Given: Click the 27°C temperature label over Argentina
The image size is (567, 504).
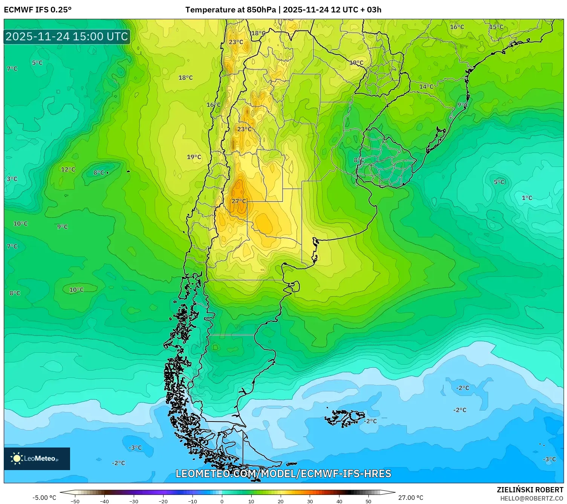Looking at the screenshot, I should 239,201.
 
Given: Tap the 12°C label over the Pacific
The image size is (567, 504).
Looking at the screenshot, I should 68,170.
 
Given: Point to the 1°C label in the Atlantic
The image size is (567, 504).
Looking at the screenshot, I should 527,198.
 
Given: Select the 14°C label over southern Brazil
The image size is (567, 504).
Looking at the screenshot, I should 426,87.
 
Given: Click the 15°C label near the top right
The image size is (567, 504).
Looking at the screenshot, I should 496,27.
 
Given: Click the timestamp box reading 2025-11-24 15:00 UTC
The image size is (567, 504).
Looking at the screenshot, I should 67,37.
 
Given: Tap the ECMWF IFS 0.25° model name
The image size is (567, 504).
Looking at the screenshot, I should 38,10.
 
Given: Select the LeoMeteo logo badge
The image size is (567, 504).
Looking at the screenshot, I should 37,458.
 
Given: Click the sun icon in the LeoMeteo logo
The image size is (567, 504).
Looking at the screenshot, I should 17,458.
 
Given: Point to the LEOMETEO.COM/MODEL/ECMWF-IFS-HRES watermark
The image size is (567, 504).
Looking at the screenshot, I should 283,473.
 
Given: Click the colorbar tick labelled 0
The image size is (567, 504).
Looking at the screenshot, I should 222,501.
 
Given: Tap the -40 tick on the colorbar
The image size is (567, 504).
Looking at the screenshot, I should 104,501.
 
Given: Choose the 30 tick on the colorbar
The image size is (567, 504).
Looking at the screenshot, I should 310,501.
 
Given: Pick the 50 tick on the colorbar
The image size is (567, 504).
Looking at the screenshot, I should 368,501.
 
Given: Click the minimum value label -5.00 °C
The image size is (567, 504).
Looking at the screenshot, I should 44,498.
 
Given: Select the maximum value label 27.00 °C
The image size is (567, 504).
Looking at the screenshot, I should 411,498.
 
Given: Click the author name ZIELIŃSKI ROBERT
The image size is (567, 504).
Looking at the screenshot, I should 530,490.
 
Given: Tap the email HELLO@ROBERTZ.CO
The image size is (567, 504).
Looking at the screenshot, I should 531,498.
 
